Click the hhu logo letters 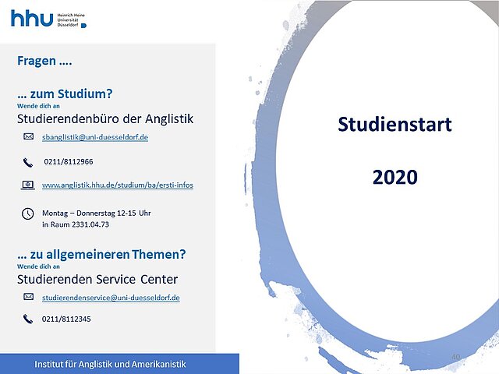[x=32, y=18]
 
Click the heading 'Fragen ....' [x=44, y=61]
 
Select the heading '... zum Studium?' [x=65, y=93]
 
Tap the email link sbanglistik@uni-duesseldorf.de [x=95, y=137]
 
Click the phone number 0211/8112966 [x=69, y=161]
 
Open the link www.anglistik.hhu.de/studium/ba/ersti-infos [x=118, y=185]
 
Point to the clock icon [x=28, y=213]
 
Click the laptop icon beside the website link [x=28, y=185]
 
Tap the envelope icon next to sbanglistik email [x=28, y=137]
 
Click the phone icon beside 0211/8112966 [x=28, y=163]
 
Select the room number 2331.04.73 [x=90, y=224]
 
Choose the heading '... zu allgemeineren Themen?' [x=101, y=255]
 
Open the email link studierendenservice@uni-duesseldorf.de [x=111, y=298]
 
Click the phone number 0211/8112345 [x=66, y=319]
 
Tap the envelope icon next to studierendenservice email [x=28, y=297]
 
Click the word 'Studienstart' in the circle [x=395, y=124]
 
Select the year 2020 [x=395, y=177]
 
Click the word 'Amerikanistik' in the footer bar [x=159, y=364]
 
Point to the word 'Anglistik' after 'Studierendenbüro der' [x=169, y=118]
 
